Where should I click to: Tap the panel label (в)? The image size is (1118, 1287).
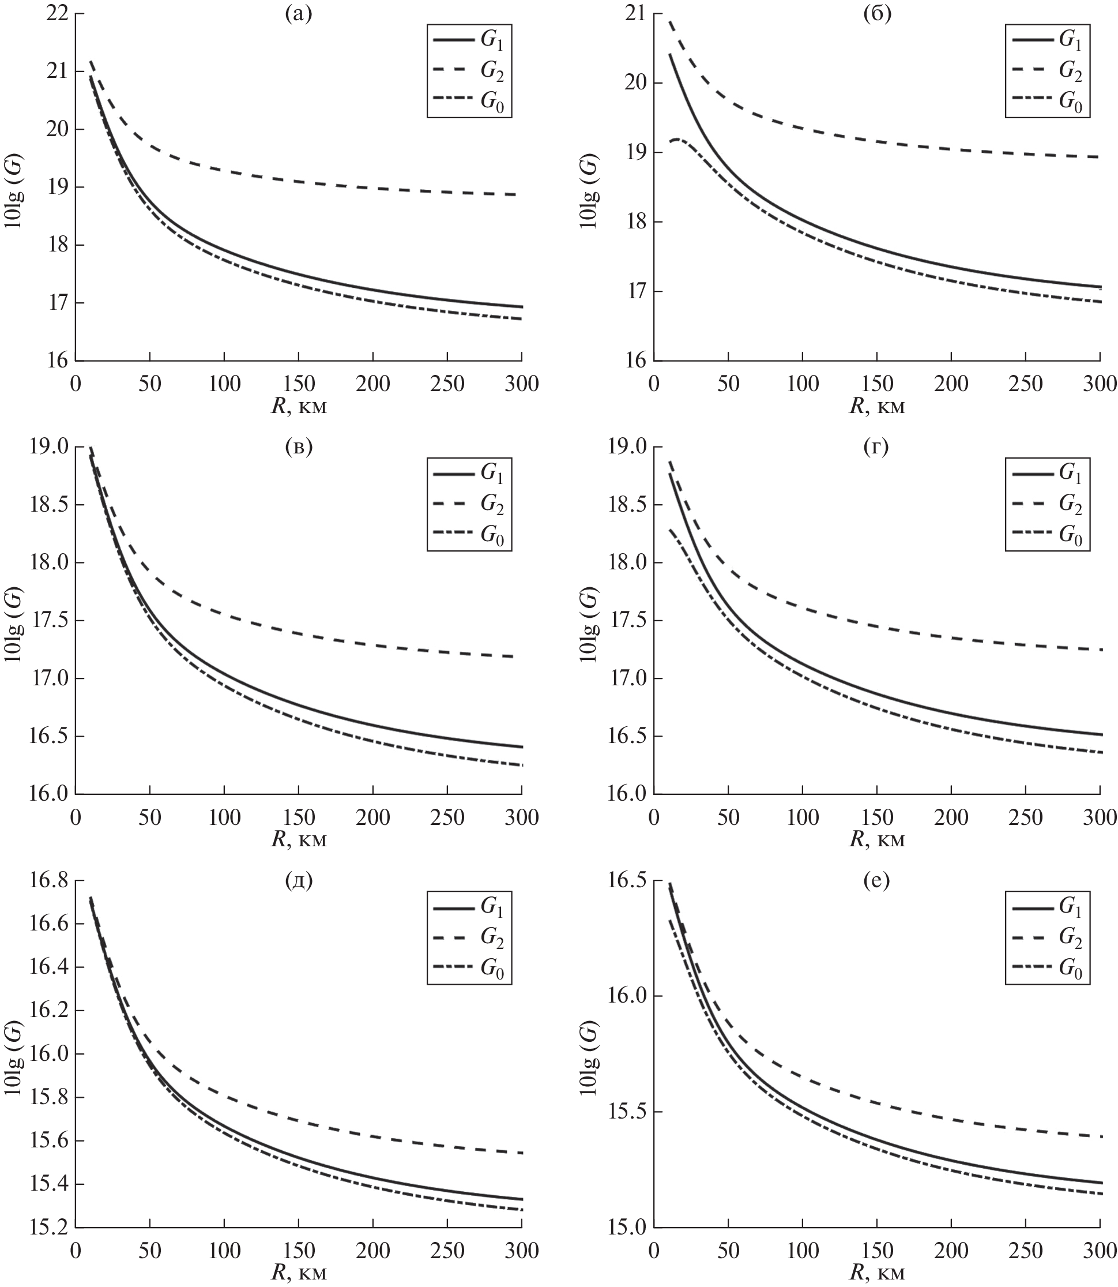click(x=298, y=447)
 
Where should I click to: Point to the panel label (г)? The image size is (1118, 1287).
click(x=876, y=447)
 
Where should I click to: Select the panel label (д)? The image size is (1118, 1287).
click(x=298, y=881)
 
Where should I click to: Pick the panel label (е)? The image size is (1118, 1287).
click(x=876, y=881)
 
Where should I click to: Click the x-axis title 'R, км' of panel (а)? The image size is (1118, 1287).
click(x=298, y=406)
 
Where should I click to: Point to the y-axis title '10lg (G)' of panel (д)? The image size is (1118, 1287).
click(x=14, y=1055)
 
